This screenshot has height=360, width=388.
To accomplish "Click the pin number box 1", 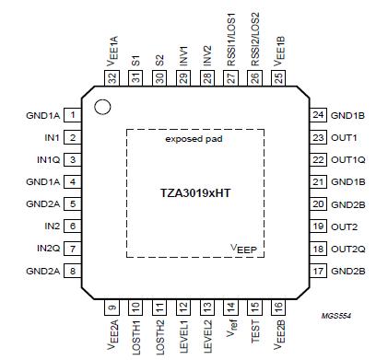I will [71, 116].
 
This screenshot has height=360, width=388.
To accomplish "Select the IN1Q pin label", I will [43, 159].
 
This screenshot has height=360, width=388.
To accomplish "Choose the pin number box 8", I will [71, 272].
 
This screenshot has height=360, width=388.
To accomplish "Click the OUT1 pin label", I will [344, 138].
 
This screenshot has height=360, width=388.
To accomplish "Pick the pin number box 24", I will [317, 116].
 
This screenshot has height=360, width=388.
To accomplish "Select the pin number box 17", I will [317, 272].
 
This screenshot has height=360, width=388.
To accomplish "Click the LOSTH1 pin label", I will [135, 334].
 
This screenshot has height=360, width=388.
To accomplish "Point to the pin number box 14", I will [230, 306].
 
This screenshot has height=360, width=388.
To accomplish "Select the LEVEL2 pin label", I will [207, 333].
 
